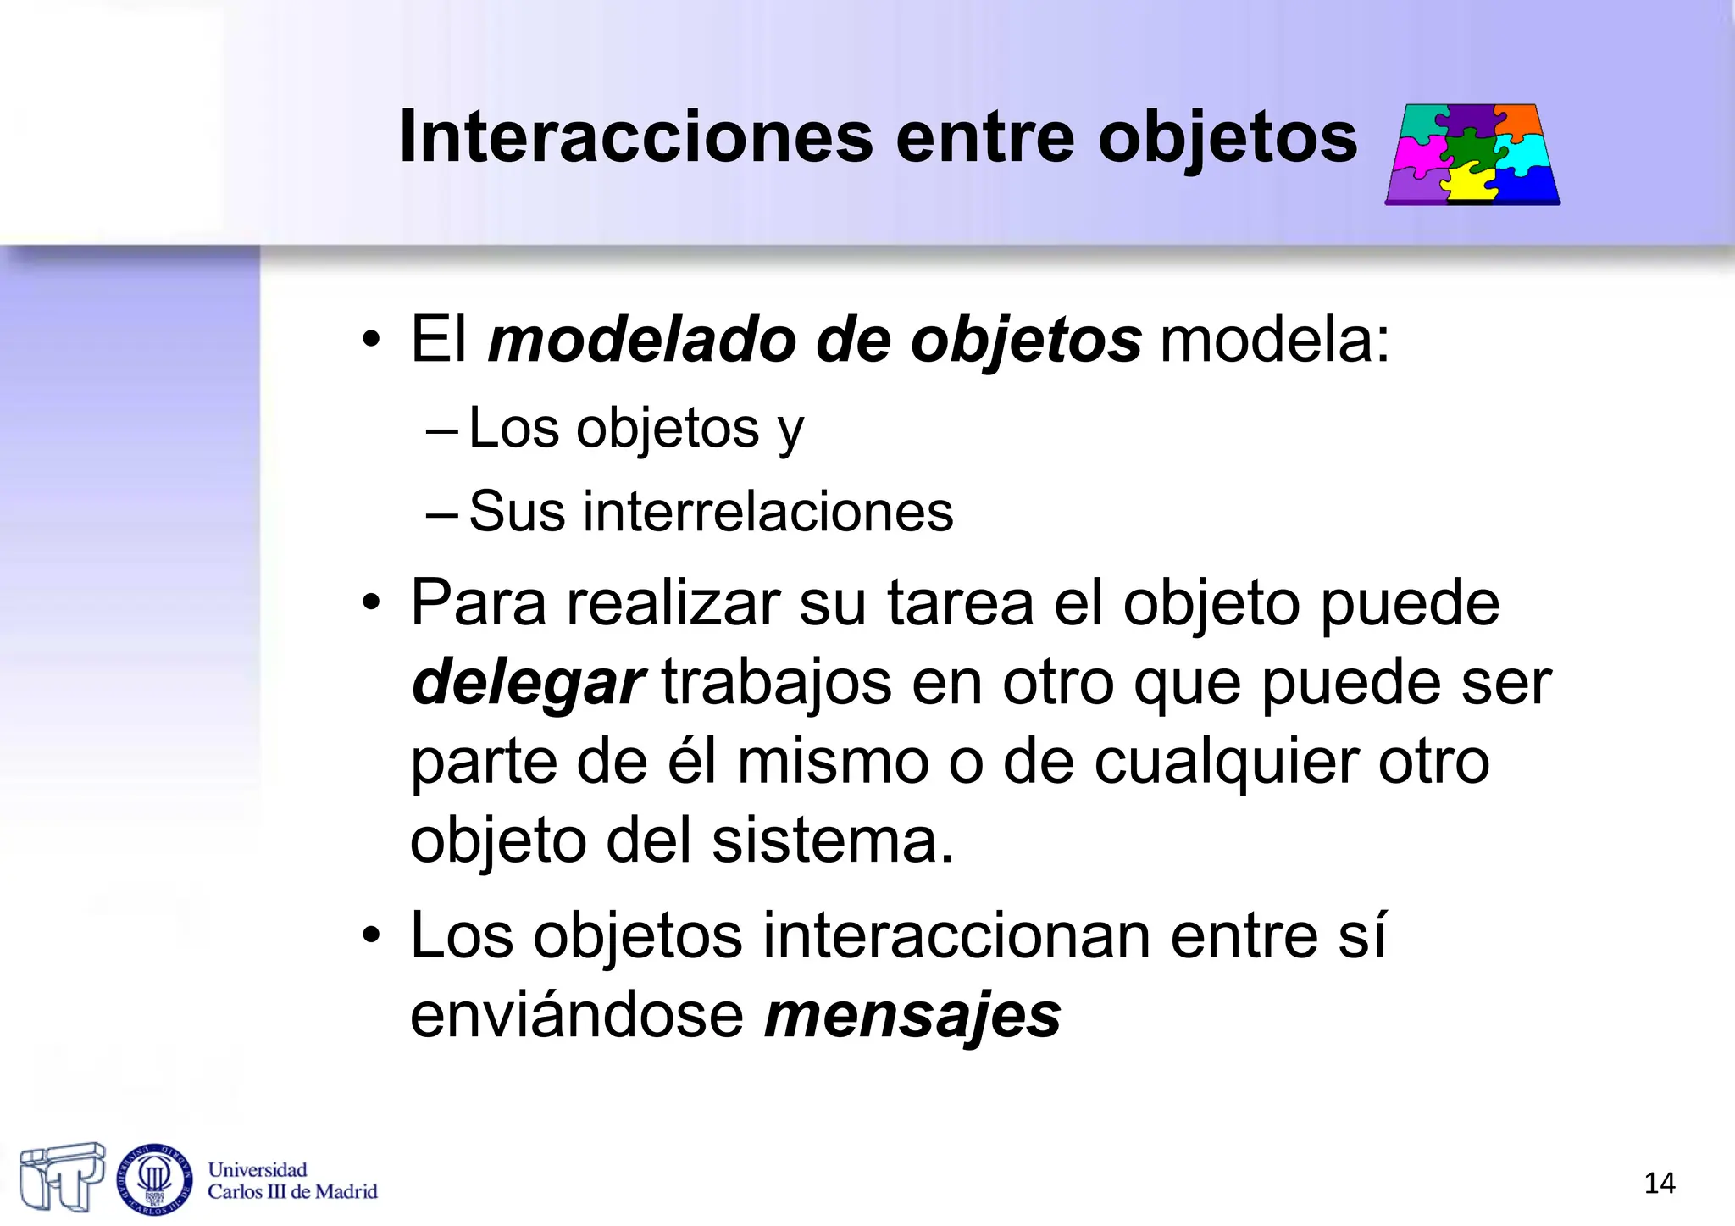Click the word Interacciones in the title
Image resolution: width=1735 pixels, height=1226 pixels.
tap(635, 137)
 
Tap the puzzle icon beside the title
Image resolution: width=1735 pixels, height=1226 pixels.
tap(1472, 154)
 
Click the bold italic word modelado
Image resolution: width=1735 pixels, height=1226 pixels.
tap(642, 341)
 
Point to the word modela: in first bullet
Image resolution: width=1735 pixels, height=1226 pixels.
tap(1274, 341)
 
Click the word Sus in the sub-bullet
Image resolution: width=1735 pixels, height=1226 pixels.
tap(517, 512)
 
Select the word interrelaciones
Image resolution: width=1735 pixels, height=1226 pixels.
tap(768, 512)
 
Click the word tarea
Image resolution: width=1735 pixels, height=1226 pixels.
tap(961, 603)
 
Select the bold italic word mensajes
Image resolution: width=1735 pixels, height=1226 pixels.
tap(912, 1015)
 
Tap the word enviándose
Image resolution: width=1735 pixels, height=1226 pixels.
tap(577, 1015)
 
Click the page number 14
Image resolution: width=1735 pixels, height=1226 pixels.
tap(1659, 1184)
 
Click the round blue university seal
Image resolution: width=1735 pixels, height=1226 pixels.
tap(154, 1178)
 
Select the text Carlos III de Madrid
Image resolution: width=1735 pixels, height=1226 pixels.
tap(292, 1192)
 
